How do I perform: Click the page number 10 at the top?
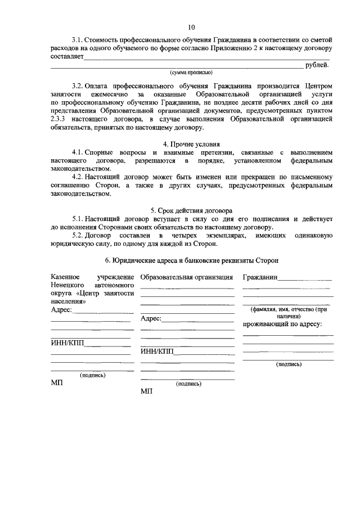point(191,27)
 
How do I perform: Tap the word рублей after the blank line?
point(317,65)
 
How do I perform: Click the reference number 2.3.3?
point(58,120)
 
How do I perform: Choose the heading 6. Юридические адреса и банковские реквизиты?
point(191,260)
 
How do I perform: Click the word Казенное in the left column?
point(65,277)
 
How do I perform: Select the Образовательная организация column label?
point(187,277)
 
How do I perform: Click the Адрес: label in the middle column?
point(151,319)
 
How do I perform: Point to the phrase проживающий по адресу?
point(282,325)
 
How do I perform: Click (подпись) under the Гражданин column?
point(289,364)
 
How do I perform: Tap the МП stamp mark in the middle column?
point(147,391)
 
